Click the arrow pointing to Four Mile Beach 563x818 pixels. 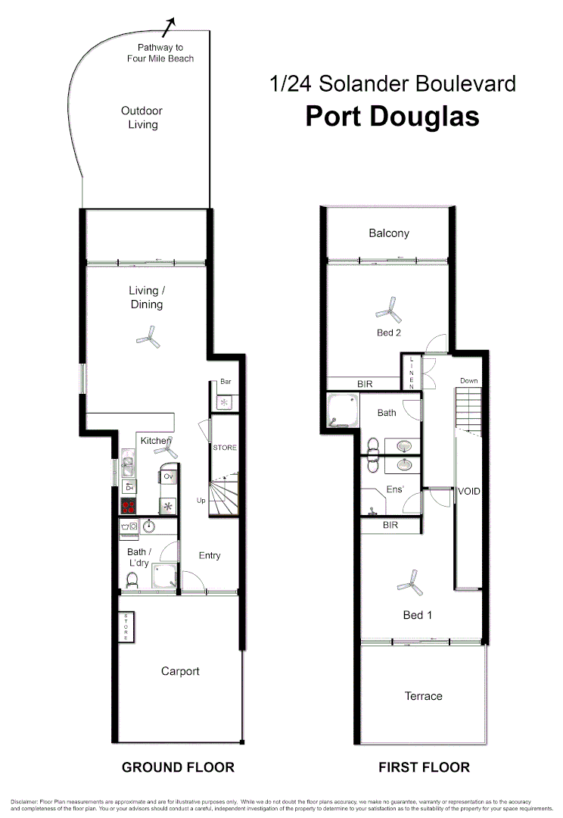click(x=170, y=25)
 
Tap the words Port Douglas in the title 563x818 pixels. click(x=392, y=117)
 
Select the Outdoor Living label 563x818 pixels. click(x=142, y=117)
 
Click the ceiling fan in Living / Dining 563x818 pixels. click(x=148, y=337)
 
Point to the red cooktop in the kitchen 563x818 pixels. click(x=128, y=507)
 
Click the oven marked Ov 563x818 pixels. click(x=168, y=476)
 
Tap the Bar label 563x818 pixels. click(x=226, y=382)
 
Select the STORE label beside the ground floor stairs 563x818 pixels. click(x=225, y=448)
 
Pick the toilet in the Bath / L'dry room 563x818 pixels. click(x=132, y=579)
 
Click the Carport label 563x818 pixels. click(x=180, y=671)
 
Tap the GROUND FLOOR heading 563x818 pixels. click(x=178, y=767)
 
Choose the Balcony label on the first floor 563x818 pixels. click(x=389, y=233)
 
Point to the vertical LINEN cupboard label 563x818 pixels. click(x=412, y=373)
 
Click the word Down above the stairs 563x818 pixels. click(x=469, y=380)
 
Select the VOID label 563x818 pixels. click(x=469, y=492)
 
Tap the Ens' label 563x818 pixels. click(x=395, y=490)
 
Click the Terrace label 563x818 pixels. click(x=423, y=696)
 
